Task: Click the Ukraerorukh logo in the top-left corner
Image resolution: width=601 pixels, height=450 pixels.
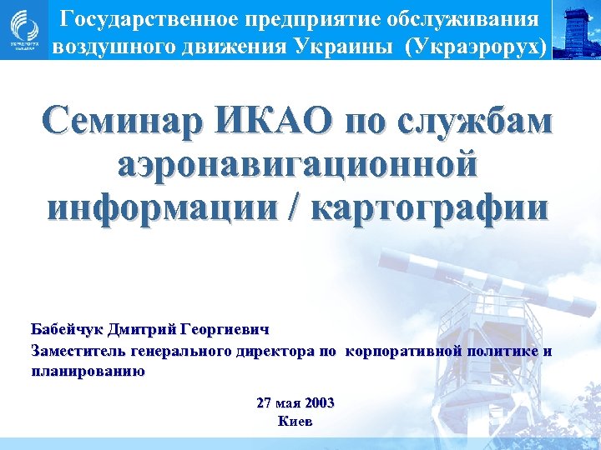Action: point(23,30)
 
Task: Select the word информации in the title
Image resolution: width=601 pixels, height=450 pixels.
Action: point(164,204)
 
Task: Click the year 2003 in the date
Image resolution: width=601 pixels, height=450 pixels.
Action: point(319,402)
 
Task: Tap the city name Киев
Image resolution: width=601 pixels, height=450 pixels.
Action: point(295,422)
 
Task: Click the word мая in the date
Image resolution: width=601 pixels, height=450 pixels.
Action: point(288,402)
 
